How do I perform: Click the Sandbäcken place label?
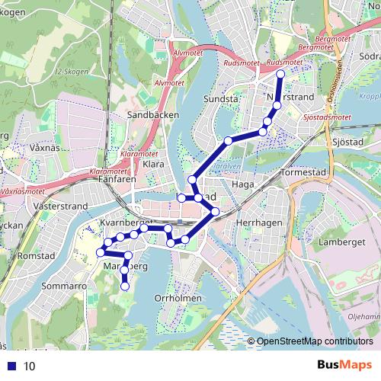tap(152, 114)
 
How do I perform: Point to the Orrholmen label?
tap(178, 298)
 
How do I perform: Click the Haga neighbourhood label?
tap(242, 184)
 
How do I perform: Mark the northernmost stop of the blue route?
tap(280, 73)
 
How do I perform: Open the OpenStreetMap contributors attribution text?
tap(317, 341)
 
